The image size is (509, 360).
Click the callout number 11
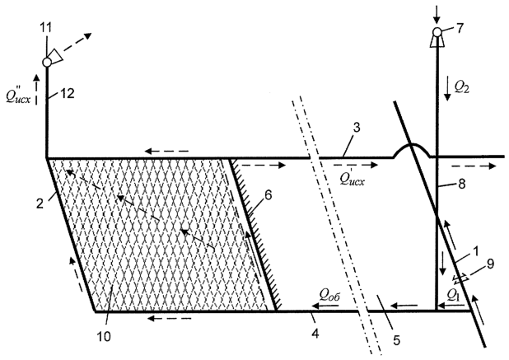[46, 27]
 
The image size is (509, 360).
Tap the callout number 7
[460, 28]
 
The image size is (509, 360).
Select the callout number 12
[68, 93]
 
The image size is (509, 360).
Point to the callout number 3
[357, 128]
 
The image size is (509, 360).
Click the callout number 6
[268, 195]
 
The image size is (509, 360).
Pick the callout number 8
[461, 184]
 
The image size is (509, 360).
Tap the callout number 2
[40, 203]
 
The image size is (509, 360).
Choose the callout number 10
[105, 336]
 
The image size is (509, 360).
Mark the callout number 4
[315, 333]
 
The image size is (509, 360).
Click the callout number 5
[396, 340]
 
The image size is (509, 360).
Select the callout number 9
[490, 264]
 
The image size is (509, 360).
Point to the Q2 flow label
[461, 87]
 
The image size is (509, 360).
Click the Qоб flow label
[329, 294]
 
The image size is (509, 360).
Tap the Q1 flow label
[453, 294]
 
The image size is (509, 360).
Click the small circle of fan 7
[437, 32]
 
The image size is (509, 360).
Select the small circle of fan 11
[47, 62]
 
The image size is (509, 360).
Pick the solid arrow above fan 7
[437, 13]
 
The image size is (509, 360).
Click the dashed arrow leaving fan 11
[77, 41]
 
